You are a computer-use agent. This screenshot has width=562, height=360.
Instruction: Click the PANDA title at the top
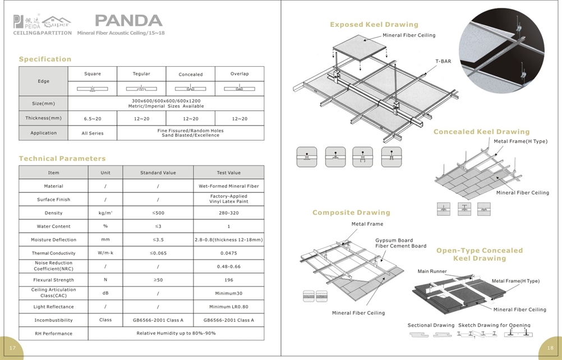pos(128,21)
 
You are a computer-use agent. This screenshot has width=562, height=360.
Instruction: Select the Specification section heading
pos(45,59)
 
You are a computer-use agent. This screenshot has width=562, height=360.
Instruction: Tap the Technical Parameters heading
pos(62,159)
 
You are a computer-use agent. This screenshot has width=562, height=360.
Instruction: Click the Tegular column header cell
pos(141,74)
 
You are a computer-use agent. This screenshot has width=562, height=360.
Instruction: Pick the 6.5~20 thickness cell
pos(93,118)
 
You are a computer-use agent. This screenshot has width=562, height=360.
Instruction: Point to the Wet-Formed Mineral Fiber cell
pos(228,186)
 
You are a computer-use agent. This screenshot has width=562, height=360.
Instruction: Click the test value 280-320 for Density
pos(228,213)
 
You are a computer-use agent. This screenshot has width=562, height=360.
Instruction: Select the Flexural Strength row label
pos(54,280)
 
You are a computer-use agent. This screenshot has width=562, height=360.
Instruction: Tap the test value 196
pos(228,280)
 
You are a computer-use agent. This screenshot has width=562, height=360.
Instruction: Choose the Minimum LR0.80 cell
pos(228,307)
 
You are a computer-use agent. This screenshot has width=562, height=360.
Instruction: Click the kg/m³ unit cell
pos(105,213)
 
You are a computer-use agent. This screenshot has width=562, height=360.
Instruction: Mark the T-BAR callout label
pos(443,61)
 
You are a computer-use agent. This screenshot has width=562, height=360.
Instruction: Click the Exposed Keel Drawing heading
pos(374,25)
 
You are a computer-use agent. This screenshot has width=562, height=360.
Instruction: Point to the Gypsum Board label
pos(394,240)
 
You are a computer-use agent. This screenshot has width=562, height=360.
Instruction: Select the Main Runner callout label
pos(432,271)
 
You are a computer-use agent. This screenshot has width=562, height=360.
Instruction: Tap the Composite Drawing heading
pos(351,213)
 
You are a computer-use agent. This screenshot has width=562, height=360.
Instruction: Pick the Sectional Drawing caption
pos(431,325)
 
